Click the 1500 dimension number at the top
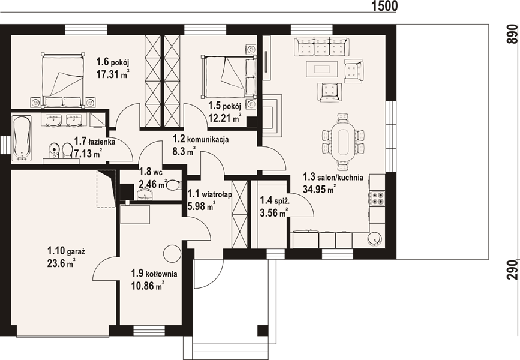[384, 5]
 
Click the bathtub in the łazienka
[22, 139]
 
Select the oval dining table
[343, 140]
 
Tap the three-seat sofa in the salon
[321, 47]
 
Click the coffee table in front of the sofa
[321, 69]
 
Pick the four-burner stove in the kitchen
[378, 198]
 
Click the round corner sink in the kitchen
[375, 239]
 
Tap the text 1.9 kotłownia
[154, 274]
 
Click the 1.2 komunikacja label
[200, 139]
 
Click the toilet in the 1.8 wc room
[173, 184]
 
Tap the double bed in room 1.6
[62, 80]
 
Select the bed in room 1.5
[229, 77]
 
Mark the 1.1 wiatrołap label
[209, 193]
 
